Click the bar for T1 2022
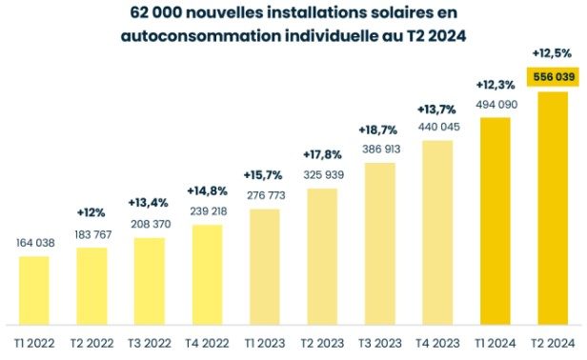pyautogui.click(x=33, y=290)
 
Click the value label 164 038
pyautogui.click(x=33, y=243)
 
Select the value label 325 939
pyautogui.click(x=322, y=174)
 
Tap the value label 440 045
pyautogui.click(x=437, y=127)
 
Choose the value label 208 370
pyautogui.click(x=150, y=224)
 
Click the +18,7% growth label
pyautogui.click(x=379, y=130)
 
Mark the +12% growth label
pyautogui.click(x=91, y=212)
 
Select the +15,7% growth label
pyautogui.click(x=264, y=176)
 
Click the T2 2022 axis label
pyautogui.click(x=91, y=342)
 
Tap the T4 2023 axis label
pyautogui.click(x=437, y=342)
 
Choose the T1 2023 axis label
pyautogui.click(x=264, y=342)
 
